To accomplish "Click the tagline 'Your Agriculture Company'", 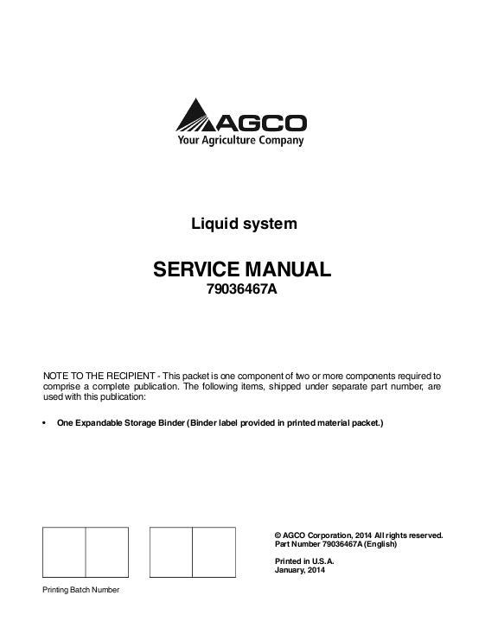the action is pos(241,140).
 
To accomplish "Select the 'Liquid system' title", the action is pos(244,224).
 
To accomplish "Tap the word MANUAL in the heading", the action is pos(291,269).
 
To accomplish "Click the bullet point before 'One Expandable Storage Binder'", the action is pos(45,423).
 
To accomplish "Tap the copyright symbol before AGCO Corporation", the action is pos(277,535).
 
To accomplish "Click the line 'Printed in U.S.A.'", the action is pos(303,561).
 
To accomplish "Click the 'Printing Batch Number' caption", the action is pos(81,589).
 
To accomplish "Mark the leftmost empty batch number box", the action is pos(64,551).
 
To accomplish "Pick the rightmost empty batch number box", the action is pos(213,551).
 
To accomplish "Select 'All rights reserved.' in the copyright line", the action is pos(409,535).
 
